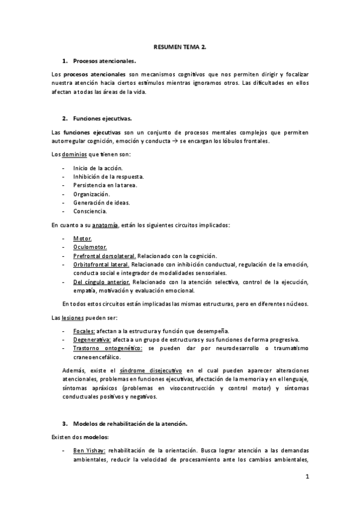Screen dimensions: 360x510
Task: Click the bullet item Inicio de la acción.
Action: pyautogui.click(x=97, y=168)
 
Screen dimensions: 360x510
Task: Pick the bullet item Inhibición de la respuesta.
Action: pyautogui.click(x=108, y=176)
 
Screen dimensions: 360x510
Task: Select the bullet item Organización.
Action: pyautogui.click(x=91, y=194)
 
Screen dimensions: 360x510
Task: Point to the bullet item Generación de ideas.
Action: pyautogui.click(x=100, y=203)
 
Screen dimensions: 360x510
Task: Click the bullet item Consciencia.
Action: pyautogui.click(x=90, y=211)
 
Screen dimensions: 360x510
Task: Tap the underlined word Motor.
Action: pyautogui.click(x=82, y=238)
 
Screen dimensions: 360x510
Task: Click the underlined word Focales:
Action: pyautogui.click(x=84, y=331)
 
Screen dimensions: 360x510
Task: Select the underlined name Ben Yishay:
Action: pyautogui.click(x=90, y=450)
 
